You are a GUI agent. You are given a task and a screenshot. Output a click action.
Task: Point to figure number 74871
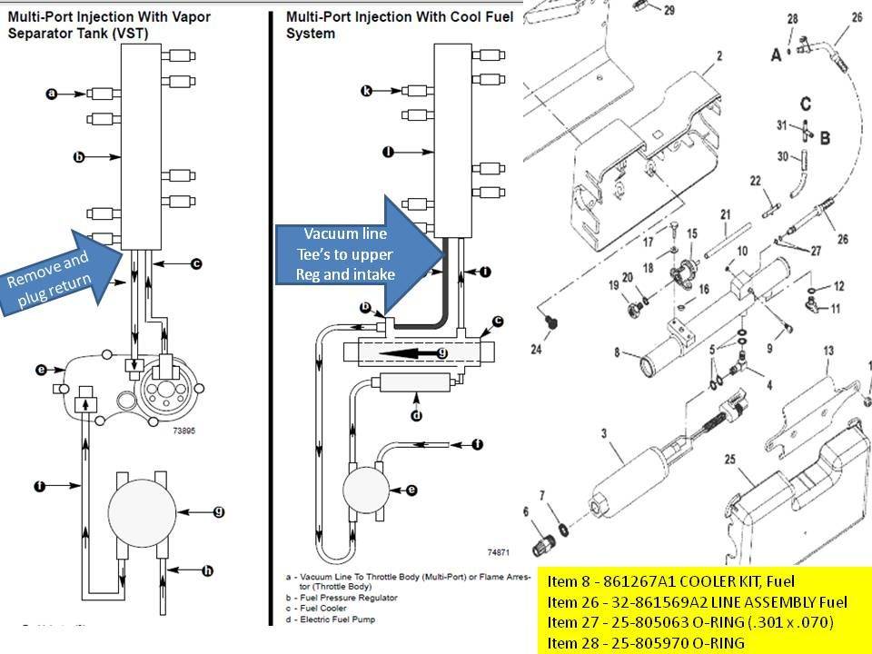[500, 551]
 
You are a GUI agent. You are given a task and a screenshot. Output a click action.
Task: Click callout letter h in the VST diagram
[207, 570]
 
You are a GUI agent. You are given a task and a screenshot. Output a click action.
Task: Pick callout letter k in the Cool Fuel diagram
[366, 91]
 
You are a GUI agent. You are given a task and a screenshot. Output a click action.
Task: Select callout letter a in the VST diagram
[52, 93]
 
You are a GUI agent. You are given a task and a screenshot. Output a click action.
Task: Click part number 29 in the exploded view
[669, 11]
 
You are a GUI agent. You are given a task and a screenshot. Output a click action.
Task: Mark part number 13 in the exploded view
[827, 351]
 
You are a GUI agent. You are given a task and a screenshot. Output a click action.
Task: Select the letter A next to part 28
[776, 55]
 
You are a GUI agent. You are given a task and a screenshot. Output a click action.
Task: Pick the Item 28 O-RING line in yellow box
[646, 641]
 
